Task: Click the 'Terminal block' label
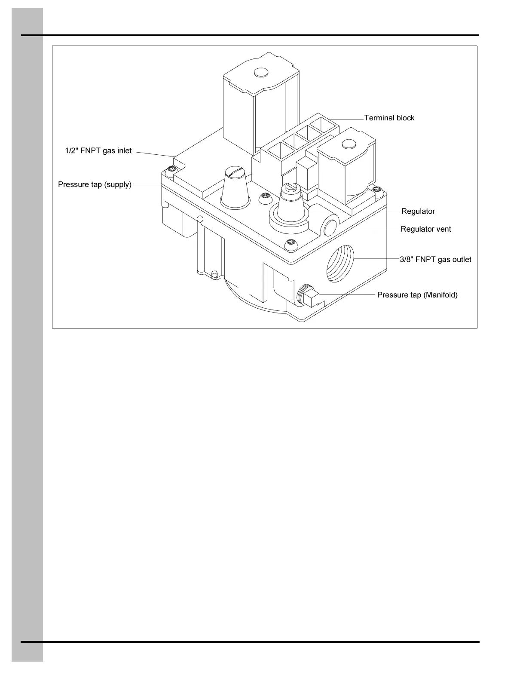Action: pyautogui.click(x=389, y=118)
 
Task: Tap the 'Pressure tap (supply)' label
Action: pyautogui.click(x=95, y=185)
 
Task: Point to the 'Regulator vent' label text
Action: pyautogui.click(x=425, y=229)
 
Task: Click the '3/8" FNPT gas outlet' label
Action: pyautogui.click(x=435, y=260)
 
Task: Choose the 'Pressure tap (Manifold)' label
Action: pyautogui.click(x=417, y=295)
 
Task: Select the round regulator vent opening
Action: pyautogui.click(x=330, y=227)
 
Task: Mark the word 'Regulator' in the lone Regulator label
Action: pyautogui.click(x=418, y=212)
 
